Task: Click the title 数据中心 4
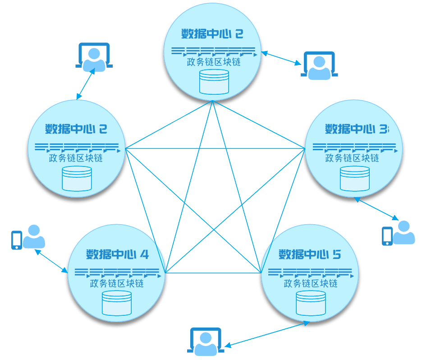pyautogui.click(x=117, y=254)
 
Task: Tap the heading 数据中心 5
pyautogui.click(x=310, y=254)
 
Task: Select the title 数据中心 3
pyautogui.click(x=356, y=129)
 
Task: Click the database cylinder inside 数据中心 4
pyautogui.click(x=117, y=303)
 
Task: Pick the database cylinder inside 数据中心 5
pyautogui.click(x=311, y=303)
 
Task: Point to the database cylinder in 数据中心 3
pyautogui.click(x=355, y=178)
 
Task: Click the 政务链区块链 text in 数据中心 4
pyautogui.click(x=117, y=284)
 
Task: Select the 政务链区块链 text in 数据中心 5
pyautogui.click(x=311, y=284)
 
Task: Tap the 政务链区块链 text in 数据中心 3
pyautogui.click(x=352, y=158)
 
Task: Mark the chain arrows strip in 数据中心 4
pyautogui.click(x=117, y=272)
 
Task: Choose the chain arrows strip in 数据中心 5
pyautogui.click(x=311, y=272)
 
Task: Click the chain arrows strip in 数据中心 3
pyautogui.click(x=355, y=147)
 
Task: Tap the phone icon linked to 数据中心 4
pyautogui.click(x=17, y=240)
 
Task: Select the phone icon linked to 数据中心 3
pyautogui.click(x=387, y=236)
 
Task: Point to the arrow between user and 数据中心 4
pyautogui.click(x=51, y=261)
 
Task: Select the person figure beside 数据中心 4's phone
pyautogui.click(x=34, y=237)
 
